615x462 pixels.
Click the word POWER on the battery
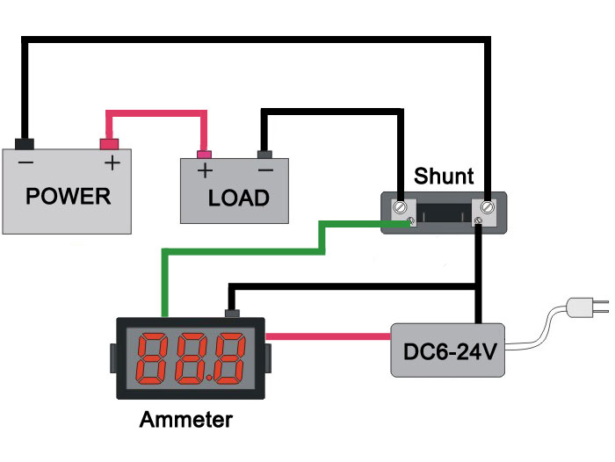click(69, 196)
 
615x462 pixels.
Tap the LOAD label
click(238, 198)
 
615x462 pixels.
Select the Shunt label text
click(444, 176)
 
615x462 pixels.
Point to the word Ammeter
click(186, 419)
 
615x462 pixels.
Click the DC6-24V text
click(450, 352)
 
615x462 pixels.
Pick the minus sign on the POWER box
click(25, 162)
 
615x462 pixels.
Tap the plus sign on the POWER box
click(112, 162)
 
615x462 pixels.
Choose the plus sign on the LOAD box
click(205, 170)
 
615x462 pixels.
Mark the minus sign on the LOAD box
click(265, 170)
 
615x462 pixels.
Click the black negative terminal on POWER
click(25, 144)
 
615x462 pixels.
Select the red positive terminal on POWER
click(109, 144)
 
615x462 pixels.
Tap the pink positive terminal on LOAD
click(204, 155)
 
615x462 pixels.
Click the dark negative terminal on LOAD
click(264, 155)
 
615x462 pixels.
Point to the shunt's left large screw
click(400, 206)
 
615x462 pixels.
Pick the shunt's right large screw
click(487, 206)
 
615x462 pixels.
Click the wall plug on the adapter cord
click(587, 307)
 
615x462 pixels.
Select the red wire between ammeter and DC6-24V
click(329, 336)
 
